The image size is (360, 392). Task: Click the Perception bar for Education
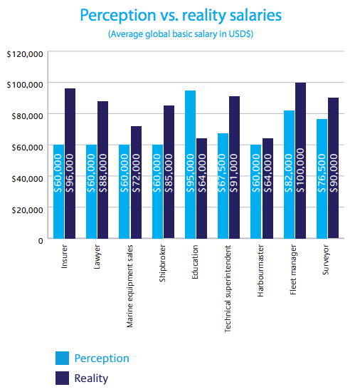pyautogui.click(x=190, y=165)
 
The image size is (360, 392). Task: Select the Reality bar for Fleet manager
pyautogui.click(x=301, y=160)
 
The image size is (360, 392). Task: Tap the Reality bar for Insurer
pyautogui.click(x=70, y=163)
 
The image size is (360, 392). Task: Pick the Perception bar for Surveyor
pyautogui.click(x=322, y=179)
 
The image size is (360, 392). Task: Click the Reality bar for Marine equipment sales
pyautogui.click(x=136, y=182)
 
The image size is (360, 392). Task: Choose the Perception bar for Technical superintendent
pyautogui.click(x=223, y=186)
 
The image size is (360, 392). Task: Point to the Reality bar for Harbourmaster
pyautogui.click(x=268, y=188)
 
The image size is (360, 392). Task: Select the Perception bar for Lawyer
pyautogui.click(x=91, y=192)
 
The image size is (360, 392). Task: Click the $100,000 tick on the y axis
pyautogui.click(x=25, y=85)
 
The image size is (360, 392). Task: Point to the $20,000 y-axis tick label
pyautogui.click(x=28, y=210)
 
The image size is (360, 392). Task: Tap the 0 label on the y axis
pyautogui.click(x=41, y=241)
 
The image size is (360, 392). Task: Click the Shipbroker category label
pyautogui.click(x=162, y=263)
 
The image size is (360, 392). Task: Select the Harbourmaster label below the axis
pyautogui.click(x=260, y=271)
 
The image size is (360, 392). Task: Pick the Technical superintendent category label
pyautogui.click(x=228, y=289)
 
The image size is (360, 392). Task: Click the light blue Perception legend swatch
pyautogui.click(x=62, y=358)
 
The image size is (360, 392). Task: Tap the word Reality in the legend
pyautogui.click(x=91, y=378)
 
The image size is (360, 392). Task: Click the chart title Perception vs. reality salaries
pyautogui.click(x=181, y=15)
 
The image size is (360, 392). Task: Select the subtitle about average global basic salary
pyautogui.click(x=181, y=34)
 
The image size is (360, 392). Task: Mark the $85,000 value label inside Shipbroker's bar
pyautogui.click(x=169, y=173)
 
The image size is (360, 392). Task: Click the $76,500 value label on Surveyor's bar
pyautogui.click(x=322, y=173)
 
